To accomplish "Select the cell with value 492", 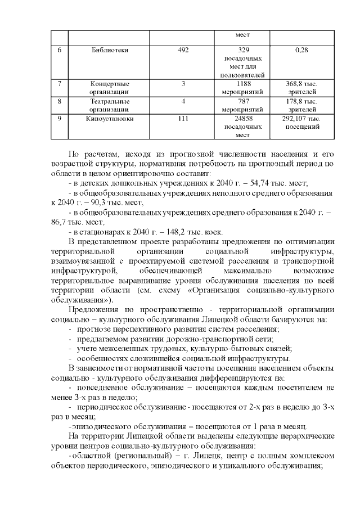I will (183, 50).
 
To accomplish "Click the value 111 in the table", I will (183, 119).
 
